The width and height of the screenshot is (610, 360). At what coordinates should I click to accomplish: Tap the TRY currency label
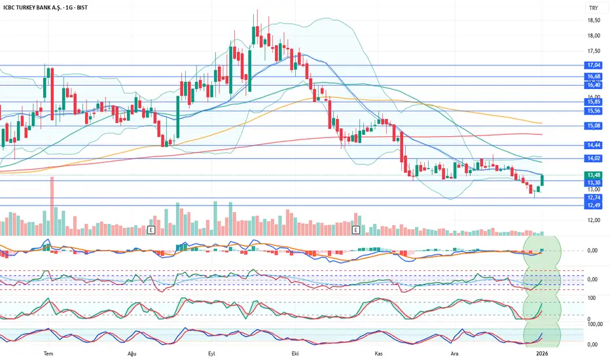click(x=592, y=8)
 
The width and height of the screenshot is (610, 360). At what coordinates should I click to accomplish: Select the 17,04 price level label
click(x=594, y=65)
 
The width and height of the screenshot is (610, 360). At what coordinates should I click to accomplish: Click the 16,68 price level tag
click(x=594, y=77)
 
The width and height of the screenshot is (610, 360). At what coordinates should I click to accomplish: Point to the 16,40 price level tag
click(x=594, y=85)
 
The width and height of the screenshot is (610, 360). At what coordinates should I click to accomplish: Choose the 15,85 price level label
click(x=594, y=101)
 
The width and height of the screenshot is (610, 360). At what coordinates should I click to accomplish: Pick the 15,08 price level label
click(x=594, y=126)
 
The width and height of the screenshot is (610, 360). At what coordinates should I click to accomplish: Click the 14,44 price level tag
click(x=594, y=145)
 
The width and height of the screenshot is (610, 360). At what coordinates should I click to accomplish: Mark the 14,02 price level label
click(x=594, y=158)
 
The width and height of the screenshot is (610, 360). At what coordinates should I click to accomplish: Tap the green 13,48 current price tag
click(x=594, y=175)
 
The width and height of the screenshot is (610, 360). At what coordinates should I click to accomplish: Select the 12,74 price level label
click(x=594, y=198)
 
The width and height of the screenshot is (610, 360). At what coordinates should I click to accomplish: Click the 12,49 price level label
click(x=594, y=206)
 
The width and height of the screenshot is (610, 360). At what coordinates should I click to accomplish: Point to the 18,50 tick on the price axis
click(x=594, y=20)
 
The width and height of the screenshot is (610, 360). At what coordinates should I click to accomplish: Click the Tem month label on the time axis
click(x=47, y=353)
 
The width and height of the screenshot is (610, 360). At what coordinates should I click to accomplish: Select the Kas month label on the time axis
click(x=378, y=353)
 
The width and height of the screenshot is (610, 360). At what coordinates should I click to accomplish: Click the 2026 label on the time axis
click(x=543, y=353)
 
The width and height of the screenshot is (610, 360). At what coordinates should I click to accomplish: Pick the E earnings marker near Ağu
click(x=152, y=230)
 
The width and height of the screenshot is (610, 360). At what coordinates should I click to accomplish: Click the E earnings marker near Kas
click(x=357, y=230)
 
